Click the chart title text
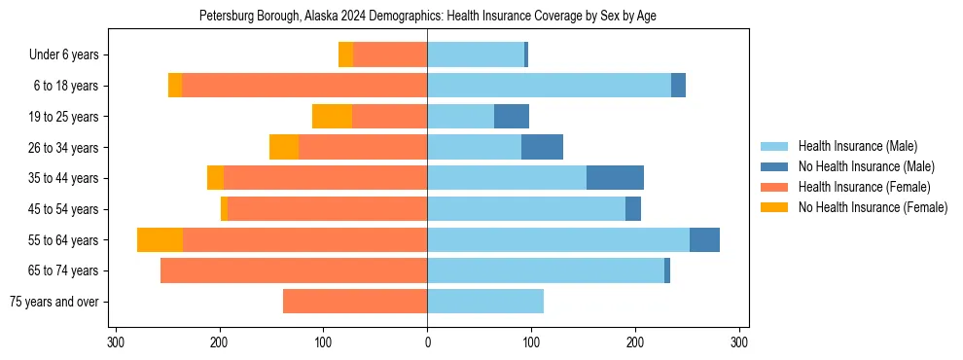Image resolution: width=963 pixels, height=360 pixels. (x=427, y=17)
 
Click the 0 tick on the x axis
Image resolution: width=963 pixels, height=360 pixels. (x=427, y=342)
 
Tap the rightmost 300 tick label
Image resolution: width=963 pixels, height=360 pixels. (x=739, y=342)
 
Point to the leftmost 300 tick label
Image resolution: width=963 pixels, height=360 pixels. (x=116, y=342)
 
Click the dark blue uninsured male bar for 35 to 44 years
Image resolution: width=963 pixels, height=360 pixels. (x=615, y=178)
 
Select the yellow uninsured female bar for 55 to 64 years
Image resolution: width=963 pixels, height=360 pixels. (x=160, y=240)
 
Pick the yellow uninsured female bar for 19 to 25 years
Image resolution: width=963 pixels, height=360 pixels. (x=332, y=117)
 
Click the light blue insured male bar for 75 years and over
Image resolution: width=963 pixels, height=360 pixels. (x=485, y=302)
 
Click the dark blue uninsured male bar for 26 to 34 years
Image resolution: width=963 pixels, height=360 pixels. (x=542, y=147)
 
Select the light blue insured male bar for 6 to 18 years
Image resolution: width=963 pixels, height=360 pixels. (x=549, y=86)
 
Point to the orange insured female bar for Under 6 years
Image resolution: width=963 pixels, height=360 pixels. (x=390, y=55)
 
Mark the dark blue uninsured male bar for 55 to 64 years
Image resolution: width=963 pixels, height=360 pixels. (x=704, y=240)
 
